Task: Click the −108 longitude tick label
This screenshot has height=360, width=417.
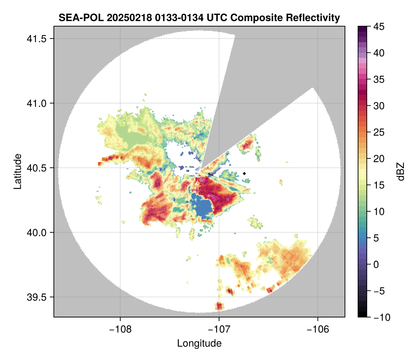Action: click(x=120, y=329)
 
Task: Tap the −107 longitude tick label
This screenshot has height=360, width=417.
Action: click(x=219, y=329)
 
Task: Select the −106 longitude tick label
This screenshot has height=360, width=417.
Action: click(x=318, y=329)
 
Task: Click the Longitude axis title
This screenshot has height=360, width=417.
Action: click(x=199, y=343)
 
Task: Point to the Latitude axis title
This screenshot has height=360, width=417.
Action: click(x=17, y=171)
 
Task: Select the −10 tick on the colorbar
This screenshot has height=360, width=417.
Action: click(x=380, y=317)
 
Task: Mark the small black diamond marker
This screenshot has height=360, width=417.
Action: click(x=245, y=173)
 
